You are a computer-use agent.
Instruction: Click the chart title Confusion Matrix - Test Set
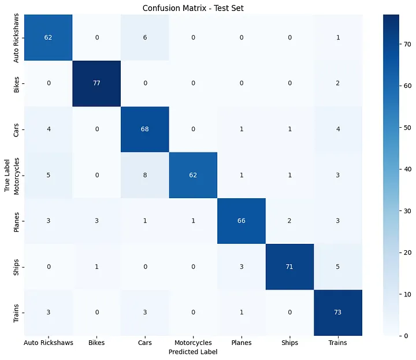[x=193, y=6]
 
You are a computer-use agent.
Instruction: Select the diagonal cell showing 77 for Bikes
[x=96, y=83]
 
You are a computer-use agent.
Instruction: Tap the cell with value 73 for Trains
[x=337, y=313]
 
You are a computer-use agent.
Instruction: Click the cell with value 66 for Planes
[x=241, y=221]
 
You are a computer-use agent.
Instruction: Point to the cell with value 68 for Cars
[x=144, y=129]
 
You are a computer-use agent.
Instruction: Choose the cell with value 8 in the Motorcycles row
[x=144, y=175]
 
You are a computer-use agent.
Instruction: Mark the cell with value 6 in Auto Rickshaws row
[x=144, y=38]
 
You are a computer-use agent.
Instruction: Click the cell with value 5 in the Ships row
[x=337, y=267]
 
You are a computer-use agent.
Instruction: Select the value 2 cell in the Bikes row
[x=337, y=83]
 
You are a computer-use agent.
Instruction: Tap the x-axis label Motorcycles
[x=192, y=343]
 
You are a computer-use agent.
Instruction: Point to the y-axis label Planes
[x=16, y=221]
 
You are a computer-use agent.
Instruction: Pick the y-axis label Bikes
[x=16, y=83]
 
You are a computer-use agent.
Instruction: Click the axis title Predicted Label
[x=192, y=351]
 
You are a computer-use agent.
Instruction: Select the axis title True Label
[x=6, y=175]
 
